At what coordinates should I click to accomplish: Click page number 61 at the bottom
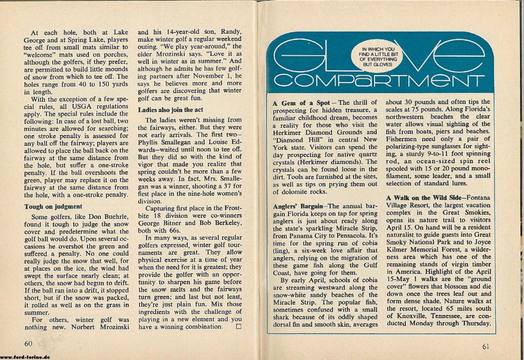[487, 345]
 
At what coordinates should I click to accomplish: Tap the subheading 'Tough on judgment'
[53, 207]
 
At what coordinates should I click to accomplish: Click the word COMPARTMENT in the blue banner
[379, 82]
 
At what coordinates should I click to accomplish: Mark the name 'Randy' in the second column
[234, 32]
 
